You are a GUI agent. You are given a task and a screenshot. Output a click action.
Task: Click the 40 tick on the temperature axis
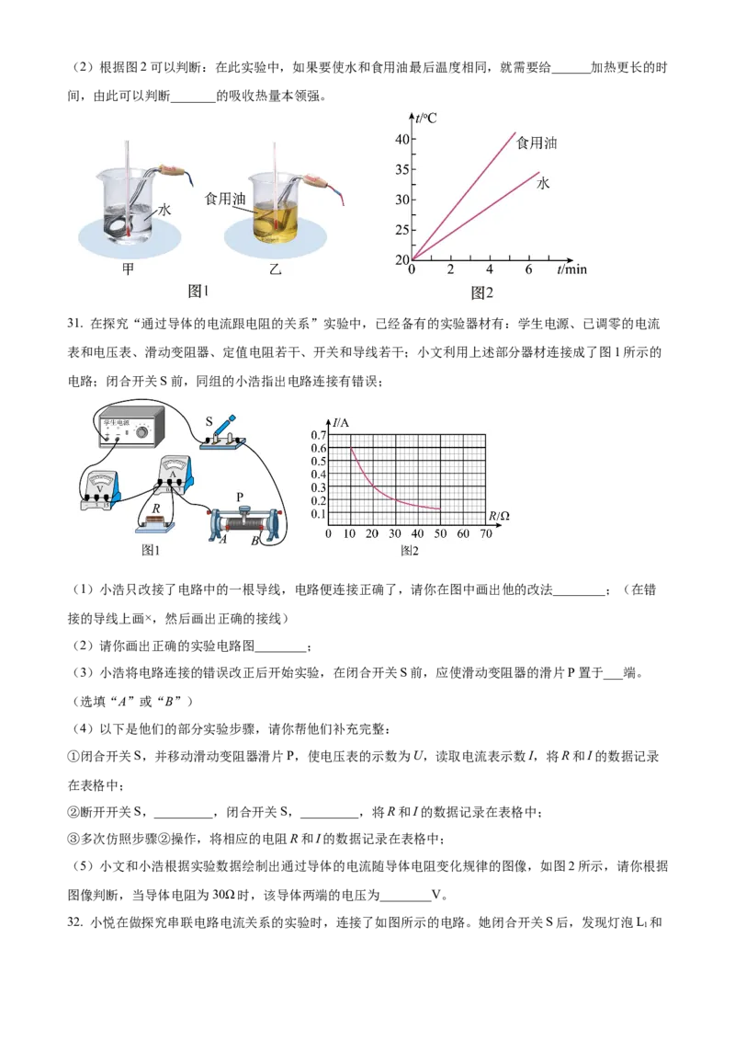401,140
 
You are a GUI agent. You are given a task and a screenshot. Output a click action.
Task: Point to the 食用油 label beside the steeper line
537,143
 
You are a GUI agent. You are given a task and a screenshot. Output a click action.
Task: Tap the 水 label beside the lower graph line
543,184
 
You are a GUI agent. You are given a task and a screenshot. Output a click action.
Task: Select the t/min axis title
571,269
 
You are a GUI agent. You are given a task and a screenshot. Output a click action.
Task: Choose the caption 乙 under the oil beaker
274,269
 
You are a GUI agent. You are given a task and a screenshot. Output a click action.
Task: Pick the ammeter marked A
175,475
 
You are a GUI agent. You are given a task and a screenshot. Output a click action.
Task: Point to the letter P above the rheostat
240,498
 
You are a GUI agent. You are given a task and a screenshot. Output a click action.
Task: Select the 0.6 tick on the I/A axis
319,448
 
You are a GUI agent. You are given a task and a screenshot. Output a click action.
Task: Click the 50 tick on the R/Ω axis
441,534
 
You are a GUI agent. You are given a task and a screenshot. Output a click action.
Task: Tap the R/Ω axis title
499,516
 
